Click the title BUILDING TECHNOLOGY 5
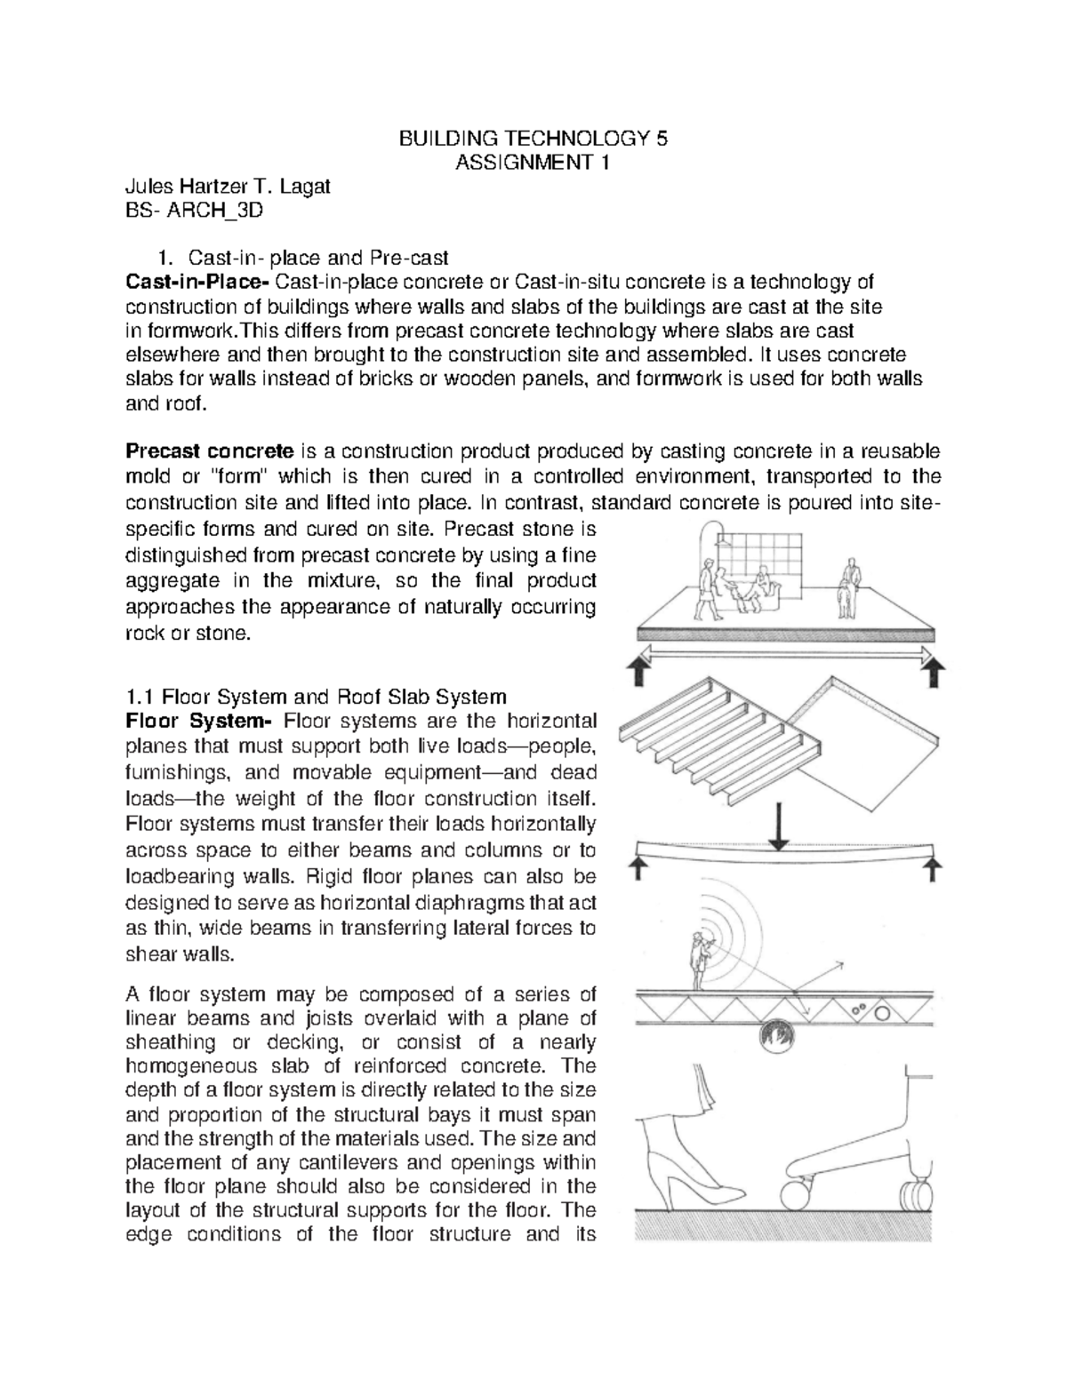(x=532, y=139)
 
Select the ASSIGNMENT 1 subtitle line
(x=532, y=163)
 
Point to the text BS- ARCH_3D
(x=194, y=211)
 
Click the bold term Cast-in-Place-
(x=197, y=283)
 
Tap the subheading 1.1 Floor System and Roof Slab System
(x=317, y=695)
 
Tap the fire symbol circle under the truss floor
(x=782, y=1034)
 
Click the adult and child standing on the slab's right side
(x=846, y=587)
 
